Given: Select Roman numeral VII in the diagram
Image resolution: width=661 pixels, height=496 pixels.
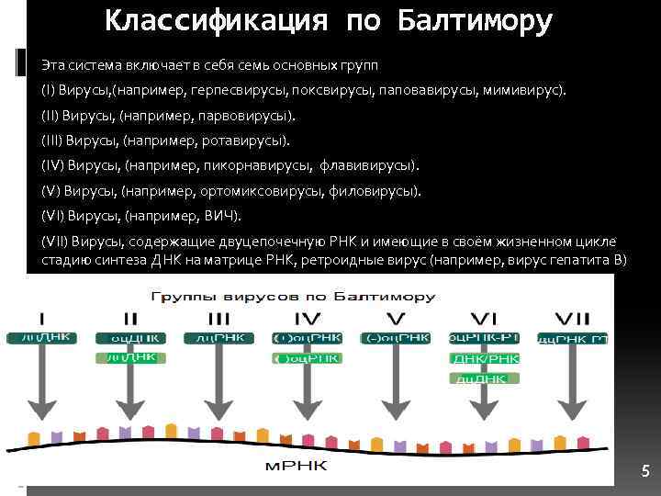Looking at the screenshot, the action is pyautogui.click(x=575, y=320).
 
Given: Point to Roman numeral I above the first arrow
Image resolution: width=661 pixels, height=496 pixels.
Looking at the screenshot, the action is pyautogui.click(x=41, y=320).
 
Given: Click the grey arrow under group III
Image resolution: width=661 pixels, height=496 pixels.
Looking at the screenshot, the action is pyautogui.click(x=219, y=386).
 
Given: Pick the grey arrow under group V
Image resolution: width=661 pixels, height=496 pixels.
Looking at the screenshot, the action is pyautogui.click(x=396, y=386).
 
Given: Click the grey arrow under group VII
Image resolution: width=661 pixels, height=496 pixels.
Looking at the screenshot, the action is pyautogui.click(x=575, y=386).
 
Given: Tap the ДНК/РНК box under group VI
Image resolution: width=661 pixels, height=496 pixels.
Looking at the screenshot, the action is pyautogui.click(x=484, y=358).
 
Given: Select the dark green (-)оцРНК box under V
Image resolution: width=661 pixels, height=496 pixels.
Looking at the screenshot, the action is pyautogui.click(x=396, y=338).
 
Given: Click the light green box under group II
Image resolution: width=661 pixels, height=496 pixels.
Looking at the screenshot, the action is pyautogui.click(x=130, y=358).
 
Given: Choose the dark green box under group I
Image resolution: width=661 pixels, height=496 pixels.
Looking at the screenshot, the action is pyautogui.click(x=41, y=338).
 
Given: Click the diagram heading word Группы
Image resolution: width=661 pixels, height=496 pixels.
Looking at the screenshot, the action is pyautogui.click(x=181, y=298).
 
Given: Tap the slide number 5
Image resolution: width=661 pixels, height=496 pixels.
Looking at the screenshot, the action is pyautogui.click(x=645, y=472).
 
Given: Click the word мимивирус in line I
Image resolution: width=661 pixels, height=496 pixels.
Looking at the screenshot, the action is pyautogui.click(x=528, y=92).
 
